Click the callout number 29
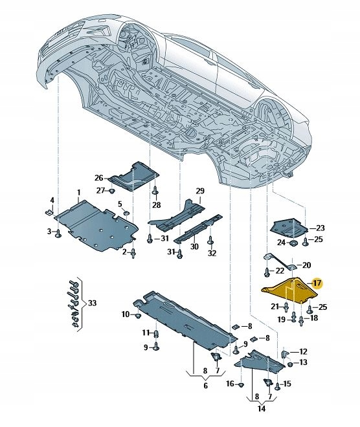coord(200,191)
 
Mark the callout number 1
coord(79,193)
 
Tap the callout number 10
coord(125,314)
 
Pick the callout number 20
coord(307,265)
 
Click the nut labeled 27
coord(112,191)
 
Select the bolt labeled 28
coord(155,192)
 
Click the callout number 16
coord(230,384)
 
